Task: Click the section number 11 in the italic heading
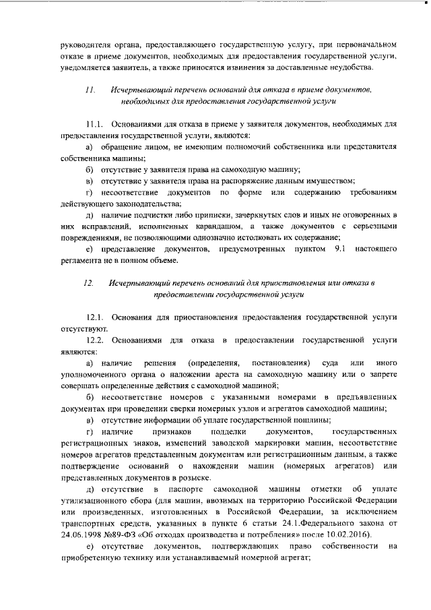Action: point(90,90)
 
